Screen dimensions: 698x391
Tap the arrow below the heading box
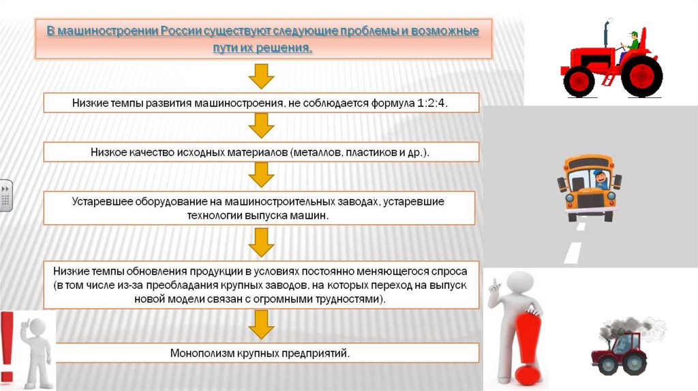pyautogui.click(x=261, y=76)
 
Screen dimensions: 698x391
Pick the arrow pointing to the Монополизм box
pyautogui.click(x=261, y=326)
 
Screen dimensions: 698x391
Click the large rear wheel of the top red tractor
pyautogui.click(x=641, y=74)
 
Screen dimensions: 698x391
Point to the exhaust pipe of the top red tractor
pyautogui.click(x=605, y=36)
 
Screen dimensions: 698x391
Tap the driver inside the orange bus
pyautogui.click(x=601, y=179)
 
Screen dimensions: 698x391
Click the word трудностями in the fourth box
pyautogui.click(x=343, y=300)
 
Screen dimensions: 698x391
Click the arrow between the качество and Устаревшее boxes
pyautogui.click(x=261, y=176)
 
